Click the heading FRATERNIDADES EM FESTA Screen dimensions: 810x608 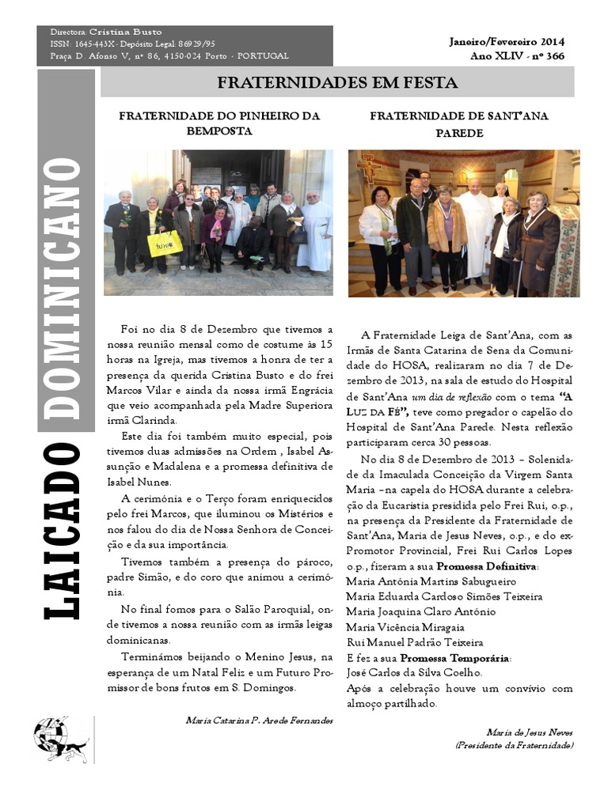pyautogui.click(x=337, y=83)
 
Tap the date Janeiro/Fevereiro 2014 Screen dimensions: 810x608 pyautogui.click(x=507, y=41)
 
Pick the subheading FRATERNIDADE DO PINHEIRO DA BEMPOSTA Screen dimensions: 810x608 pyautogui.click(x=219, y=123)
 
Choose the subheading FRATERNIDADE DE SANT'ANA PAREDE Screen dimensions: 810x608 pyautogui.click(x=459, y=123)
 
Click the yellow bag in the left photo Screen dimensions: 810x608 pyautogui.click(x=165, y=243)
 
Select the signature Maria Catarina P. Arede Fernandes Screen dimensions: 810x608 pyautogui.click(x=259, y=721)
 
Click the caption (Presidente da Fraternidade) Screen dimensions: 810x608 pyautogui.click(x=515, y=745)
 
